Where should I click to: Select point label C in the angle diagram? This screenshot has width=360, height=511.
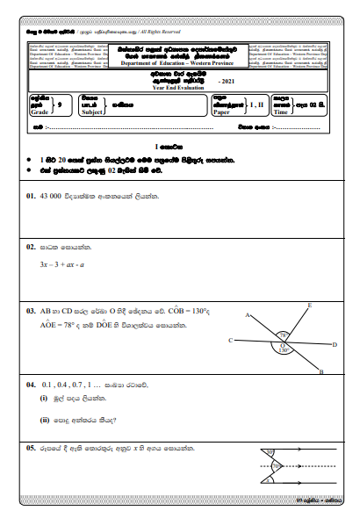(230, 340)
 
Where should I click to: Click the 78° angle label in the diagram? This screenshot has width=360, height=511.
(282, 334)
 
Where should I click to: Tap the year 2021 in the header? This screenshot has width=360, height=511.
(227, 81)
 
